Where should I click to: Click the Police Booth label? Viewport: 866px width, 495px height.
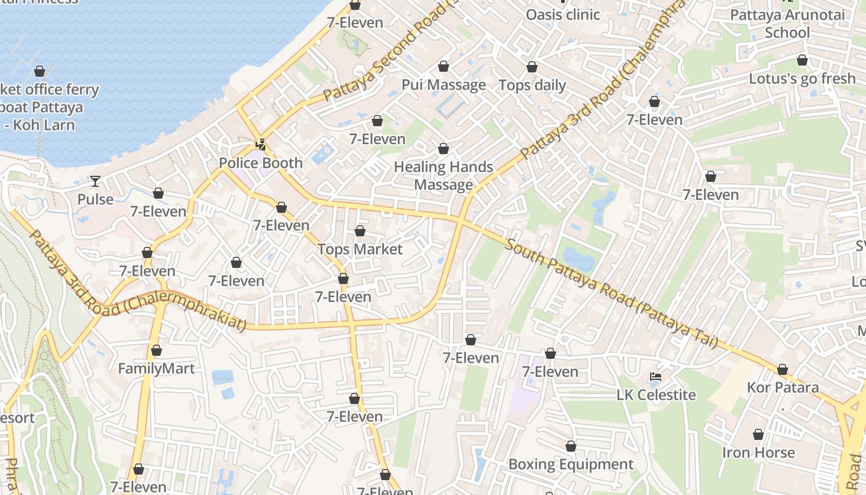coord(260,163)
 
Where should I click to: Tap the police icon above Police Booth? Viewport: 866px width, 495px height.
coord(260,145)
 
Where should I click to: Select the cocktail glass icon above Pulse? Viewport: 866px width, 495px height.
coord(95,181)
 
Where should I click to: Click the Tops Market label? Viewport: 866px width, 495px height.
coord(360,249)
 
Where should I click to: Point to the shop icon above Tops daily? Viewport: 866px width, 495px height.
coord(532,67)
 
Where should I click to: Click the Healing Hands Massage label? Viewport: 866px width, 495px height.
coord(444,176)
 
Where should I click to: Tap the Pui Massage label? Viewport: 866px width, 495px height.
coord(444,85)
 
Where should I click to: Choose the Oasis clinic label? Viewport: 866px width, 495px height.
coord(563,14)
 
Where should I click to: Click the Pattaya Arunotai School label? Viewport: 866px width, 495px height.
coord(787,24)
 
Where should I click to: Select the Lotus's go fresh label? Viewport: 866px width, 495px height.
coord(802,79)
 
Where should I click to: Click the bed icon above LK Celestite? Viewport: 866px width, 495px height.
coord(656,376)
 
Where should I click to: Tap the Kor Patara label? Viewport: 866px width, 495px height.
coord(782,388)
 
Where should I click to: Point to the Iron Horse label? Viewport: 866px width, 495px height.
coord(758,452)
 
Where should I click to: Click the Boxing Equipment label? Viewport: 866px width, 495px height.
coord(570,464)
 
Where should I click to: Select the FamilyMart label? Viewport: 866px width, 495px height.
coord(156,369)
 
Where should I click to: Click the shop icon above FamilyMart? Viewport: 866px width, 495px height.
coord(156,351)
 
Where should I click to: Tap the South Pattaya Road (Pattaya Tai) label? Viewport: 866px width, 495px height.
coord(611,292)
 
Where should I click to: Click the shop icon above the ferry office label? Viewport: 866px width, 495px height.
coord(40,71)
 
